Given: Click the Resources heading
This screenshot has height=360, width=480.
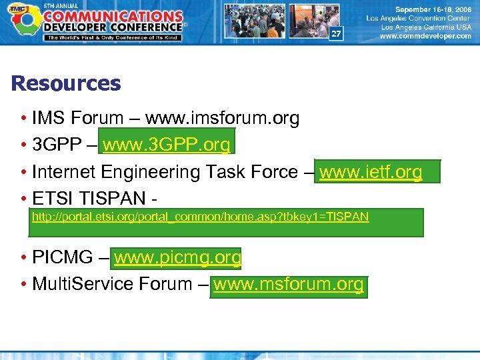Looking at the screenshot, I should [66, 84].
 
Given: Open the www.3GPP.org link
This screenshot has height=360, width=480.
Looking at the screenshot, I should [167, 145].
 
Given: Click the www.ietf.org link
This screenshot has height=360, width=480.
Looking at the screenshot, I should [371, 172].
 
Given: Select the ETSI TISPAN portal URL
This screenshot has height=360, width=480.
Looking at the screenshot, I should [201, 217].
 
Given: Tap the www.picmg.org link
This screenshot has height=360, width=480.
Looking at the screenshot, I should [177, 257].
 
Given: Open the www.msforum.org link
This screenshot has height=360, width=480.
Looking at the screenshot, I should [289, 285].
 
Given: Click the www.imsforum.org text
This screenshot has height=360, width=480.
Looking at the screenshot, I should [222, 119].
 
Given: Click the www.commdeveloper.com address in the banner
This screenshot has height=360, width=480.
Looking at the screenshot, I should [425, 37].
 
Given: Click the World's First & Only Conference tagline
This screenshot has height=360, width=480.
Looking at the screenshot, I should [112, 37].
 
